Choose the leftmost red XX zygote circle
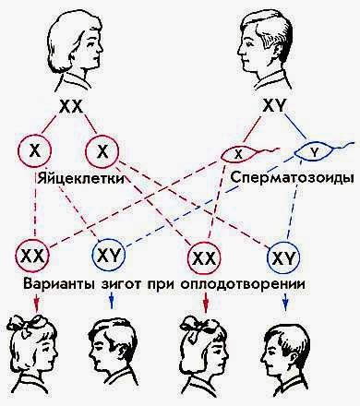pyautogui.click(x=34, y=252)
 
